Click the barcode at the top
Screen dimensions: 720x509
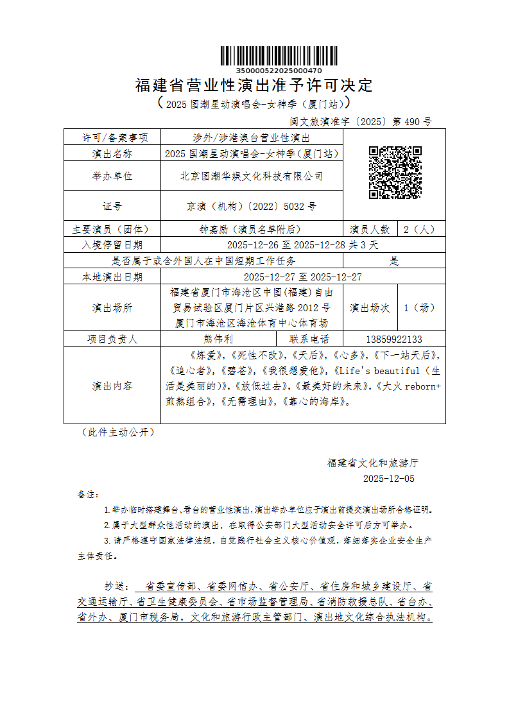pyautogui.click(x=279, y=56)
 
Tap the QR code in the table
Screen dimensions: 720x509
pyautogui.click(x=395, y=172)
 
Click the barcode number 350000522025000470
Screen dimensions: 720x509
pyautogui.click(x=279, y=70)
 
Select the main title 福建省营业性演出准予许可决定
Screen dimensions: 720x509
pyautogui.click(x=254, y=85)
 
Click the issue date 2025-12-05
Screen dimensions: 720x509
pyautogui.click(x=389, y=479)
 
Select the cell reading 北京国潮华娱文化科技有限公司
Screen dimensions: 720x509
pyautogui.click(x=252, y=176)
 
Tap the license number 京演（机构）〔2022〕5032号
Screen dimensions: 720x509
pyautogui.click(x=252, y=207)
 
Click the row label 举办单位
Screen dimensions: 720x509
pyautogui.click(x=112, y=176)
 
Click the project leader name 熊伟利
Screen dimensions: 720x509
pyautogui.click(x=218, y=339)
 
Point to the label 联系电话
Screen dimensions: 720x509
pyautogui.click(x=309, y=339)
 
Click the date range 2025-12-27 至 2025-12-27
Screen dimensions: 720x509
pyautogui.click(x=303, y=277)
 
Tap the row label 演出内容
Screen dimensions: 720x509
pyautogui.click(x=112, y=386)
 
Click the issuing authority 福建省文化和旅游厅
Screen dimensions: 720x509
pyautogui.click(x=373, y=463)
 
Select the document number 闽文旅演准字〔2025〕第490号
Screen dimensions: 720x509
pyautogui.click(x=361, y=121)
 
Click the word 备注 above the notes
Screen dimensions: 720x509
pyautogui.click(x=87, y=495)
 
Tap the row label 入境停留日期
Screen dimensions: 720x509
pyautogui.click(x=112, y=245)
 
